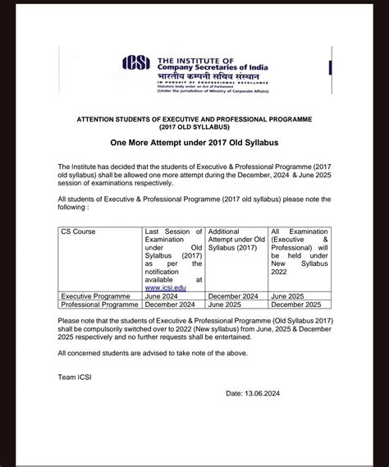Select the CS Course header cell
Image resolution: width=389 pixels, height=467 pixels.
click(x=78, y=232)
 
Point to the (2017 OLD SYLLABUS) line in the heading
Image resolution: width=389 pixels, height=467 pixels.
click(x=194, y=126)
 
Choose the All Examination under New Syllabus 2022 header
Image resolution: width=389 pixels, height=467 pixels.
click(x=300, y=250)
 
